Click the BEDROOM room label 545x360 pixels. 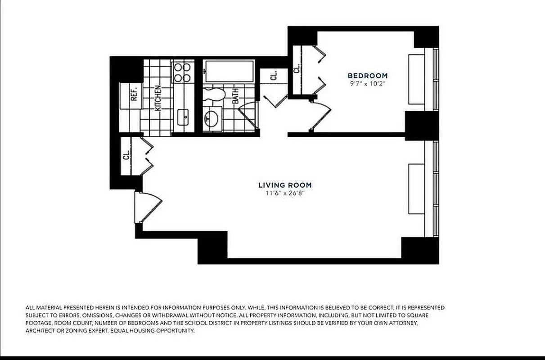click(x=367, y=76)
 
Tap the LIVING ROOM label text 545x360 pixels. click(x=284, y=185)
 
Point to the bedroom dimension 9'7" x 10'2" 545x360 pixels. click(x=367, y=84)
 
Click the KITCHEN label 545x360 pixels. click(x=158, y=98)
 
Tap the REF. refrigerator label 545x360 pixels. click(x=134, y=94)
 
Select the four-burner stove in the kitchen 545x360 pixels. click(x=182, y=72)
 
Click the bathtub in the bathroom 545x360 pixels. click(x=229, y=72)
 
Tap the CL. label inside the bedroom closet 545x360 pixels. click(x=297, y=68)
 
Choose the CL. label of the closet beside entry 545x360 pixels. click(x=127, y=155)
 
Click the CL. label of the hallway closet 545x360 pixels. click(x=274, y=76)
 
